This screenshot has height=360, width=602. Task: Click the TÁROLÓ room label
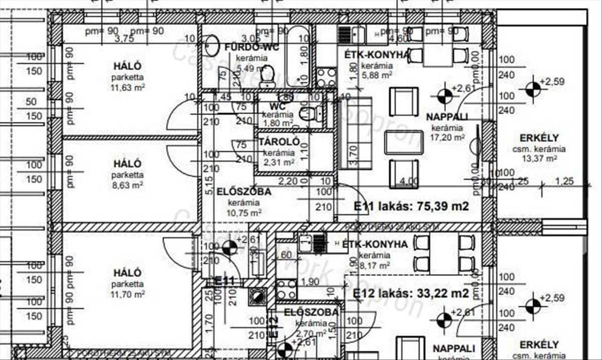click(279, 142)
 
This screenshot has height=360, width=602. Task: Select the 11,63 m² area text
click(127, 87)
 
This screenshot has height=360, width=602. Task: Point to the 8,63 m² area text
click(127, 185)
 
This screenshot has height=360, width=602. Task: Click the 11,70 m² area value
click(127, 294)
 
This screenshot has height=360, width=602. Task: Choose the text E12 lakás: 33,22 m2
click(411, 293)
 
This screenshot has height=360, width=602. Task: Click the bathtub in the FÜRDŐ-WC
click(298, 58)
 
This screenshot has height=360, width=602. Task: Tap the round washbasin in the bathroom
click(212, 46)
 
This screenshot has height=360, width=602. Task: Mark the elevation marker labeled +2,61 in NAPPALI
click(444, 94)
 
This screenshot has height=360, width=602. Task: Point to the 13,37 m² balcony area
click(539, 158)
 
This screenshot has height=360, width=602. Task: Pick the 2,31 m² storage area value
click(279, 162)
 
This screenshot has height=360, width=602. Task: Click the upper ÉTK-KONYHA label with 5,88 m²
click(377, 54)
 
